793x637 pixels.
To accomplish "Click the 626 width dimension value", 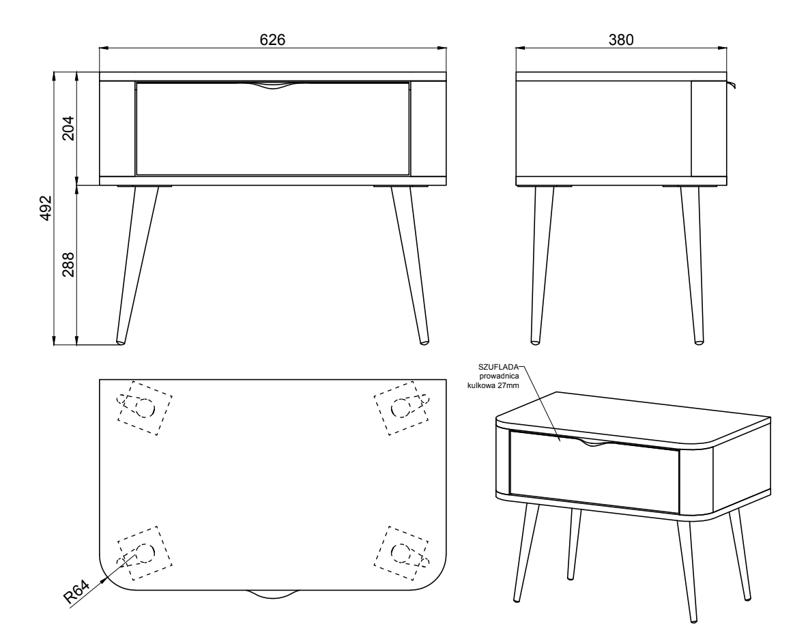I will point(272,40).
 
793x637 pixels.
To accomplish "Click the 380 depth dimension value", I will point(621,40).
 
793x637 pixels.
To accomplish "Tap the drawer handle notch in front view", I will point(273,86).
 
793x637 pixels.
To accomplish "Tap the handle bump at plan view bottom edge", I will point(273,595).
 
